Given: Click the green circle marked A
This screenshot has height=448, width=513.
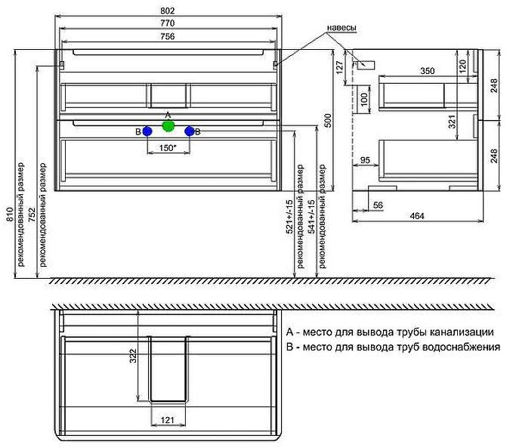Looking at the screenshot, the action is [x=168, y=126].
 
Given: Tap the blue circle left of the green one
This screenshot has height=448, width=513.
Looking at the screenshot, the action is [x=147, y=131].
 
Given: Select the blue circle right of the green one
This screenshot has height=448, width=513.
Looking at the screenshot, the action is [x=190, y=131].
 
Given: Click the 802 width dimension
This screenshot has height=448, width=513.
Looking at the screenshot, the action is [x=168, y=11].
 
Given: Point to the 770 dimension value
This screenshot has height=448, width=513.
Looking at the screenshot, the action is [x=168, y=23].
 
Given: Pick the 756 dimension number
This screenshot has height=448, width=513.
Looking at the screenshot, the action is [x=168, y=36].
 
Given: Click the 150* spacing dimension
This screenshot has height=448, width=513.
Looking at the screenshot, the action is [x=168, y=148].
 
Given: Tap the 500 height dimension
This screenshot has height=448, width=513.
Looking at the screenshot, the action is [x=327, y=120].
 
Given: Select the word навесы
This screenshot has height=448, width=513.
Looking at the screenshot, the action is [x=342, y=28].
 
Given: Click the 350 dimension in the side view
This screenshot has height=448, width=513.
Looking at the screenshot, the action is [x=428, y=71].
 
